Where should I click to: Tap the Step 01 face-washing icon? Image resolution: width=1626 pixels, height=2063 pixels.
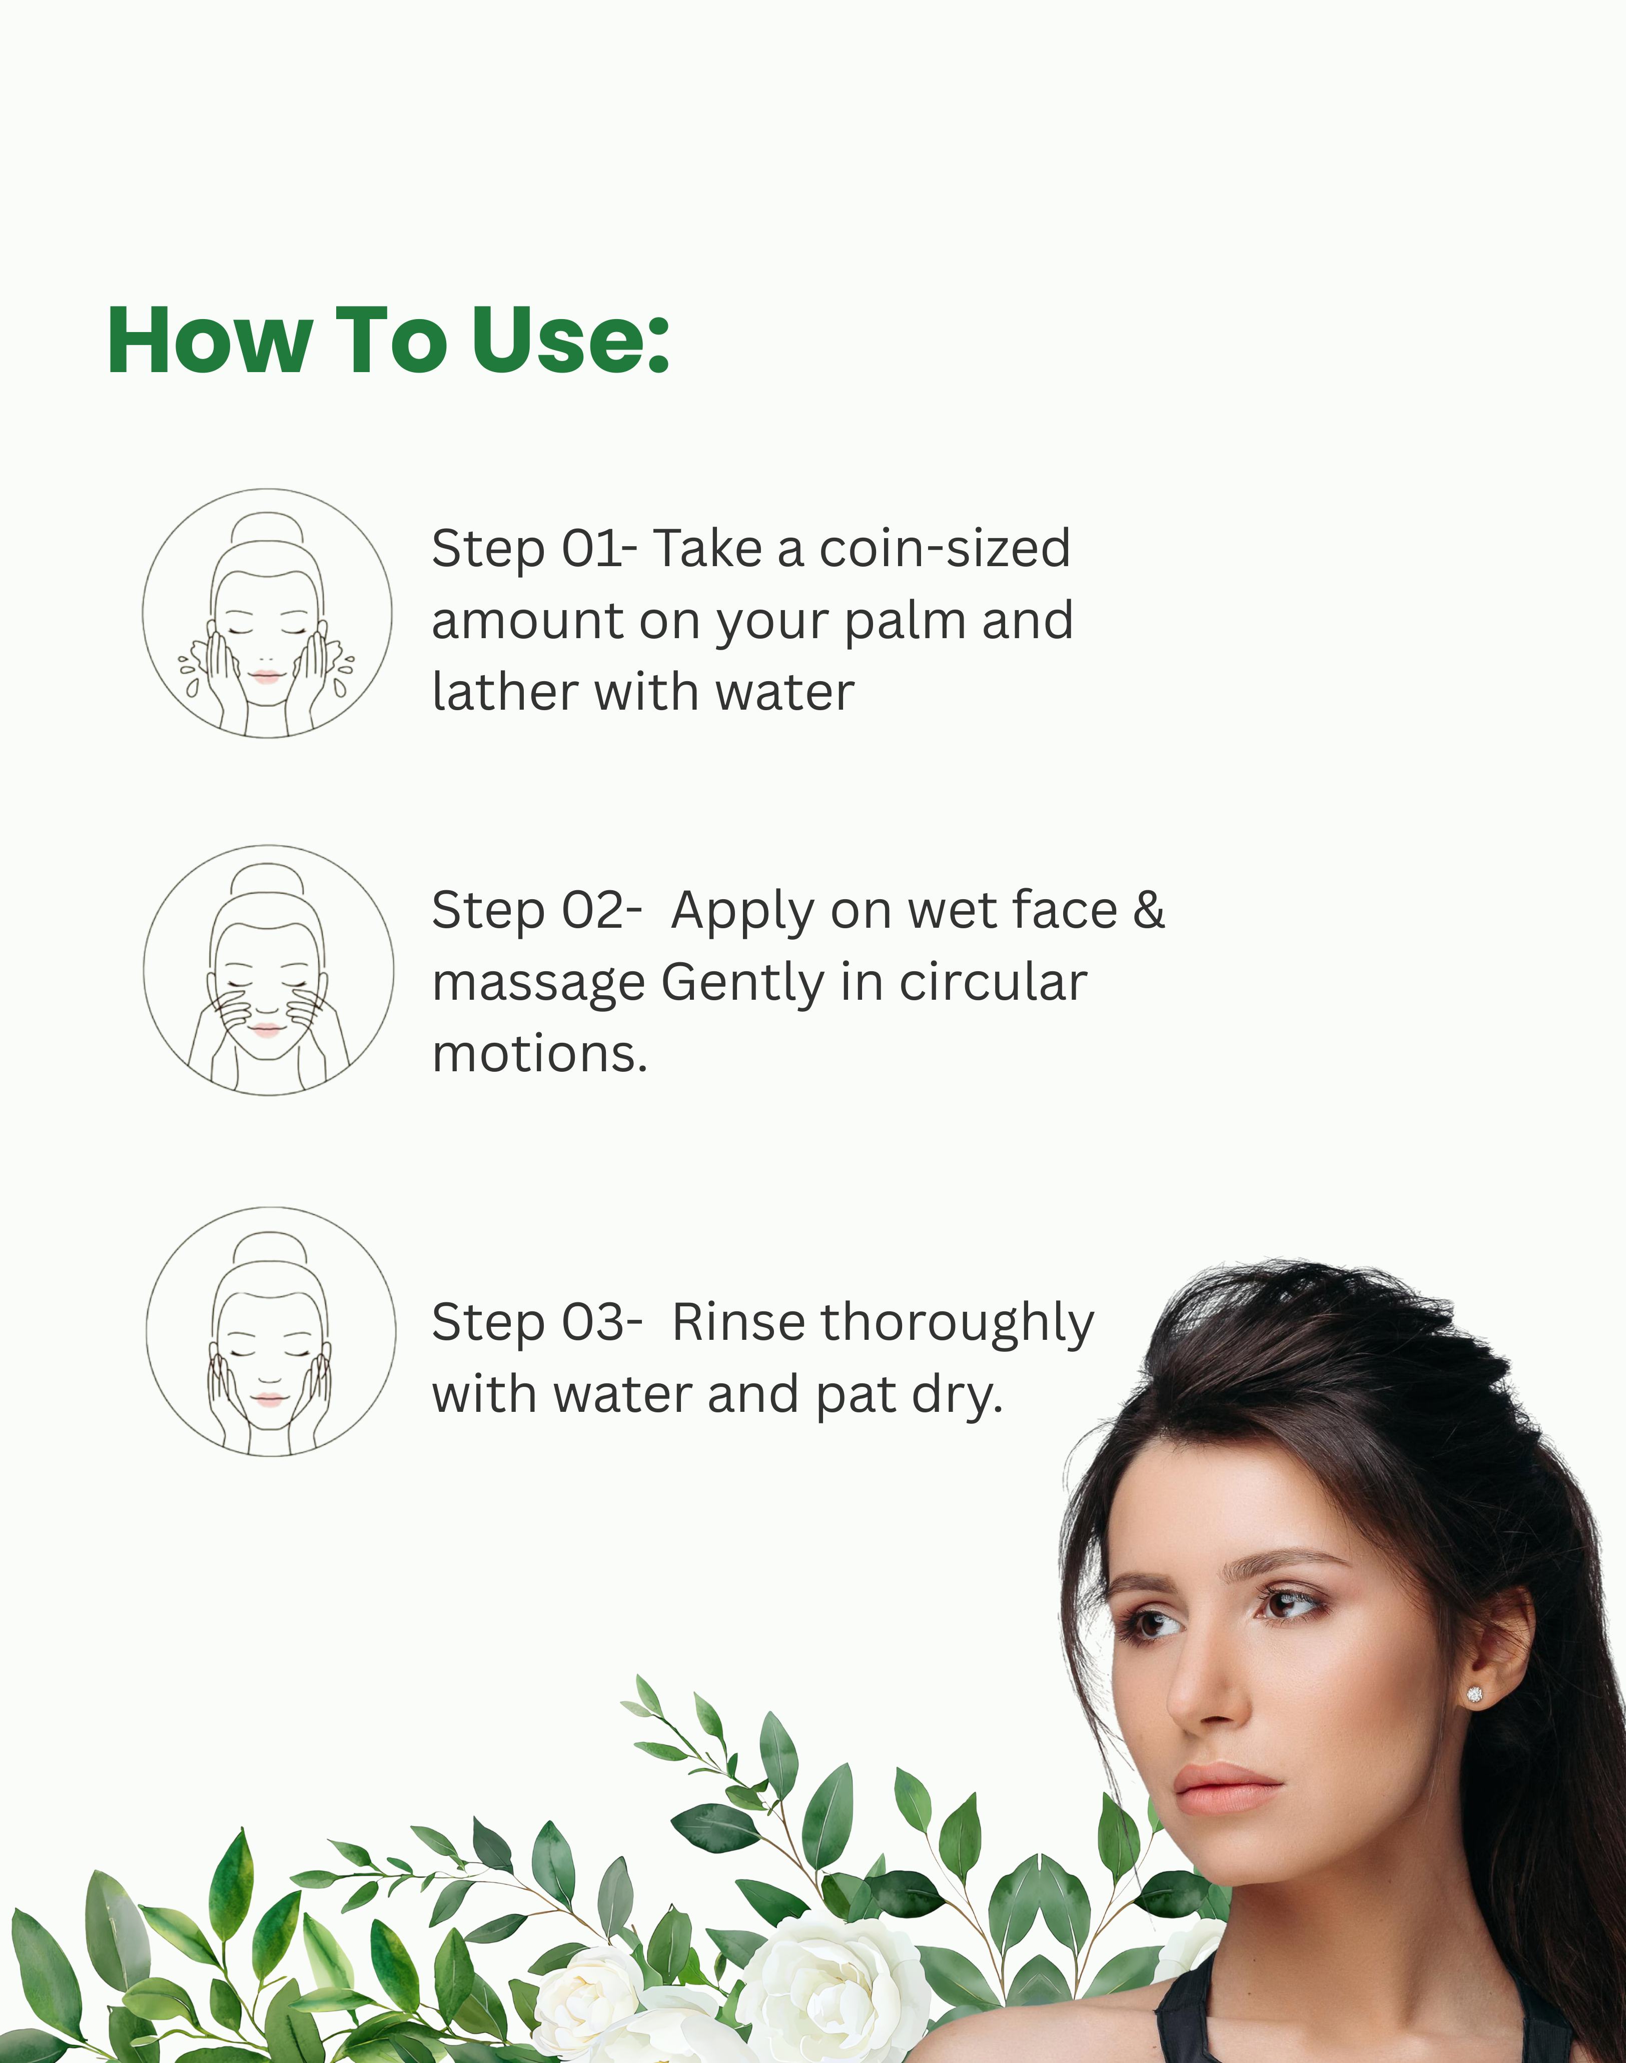coord(268,614)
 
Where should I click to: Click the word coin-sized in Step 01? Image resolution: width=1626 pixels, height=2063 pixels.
coord(945,549)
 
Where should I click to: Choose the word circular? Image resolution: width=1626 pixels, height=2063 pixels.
coord(993,982)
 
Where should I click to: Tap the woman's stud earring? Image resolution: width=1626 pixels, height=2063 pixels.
coord(1474,1694)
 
